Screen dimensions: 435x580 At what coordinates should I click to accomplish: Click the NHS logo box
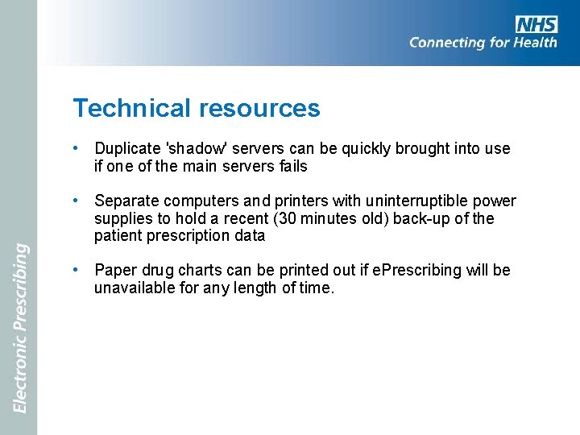[x=536, y=24]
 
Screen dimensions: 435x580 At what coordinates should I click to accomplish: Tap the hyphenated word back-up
[x=420, y=219]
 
